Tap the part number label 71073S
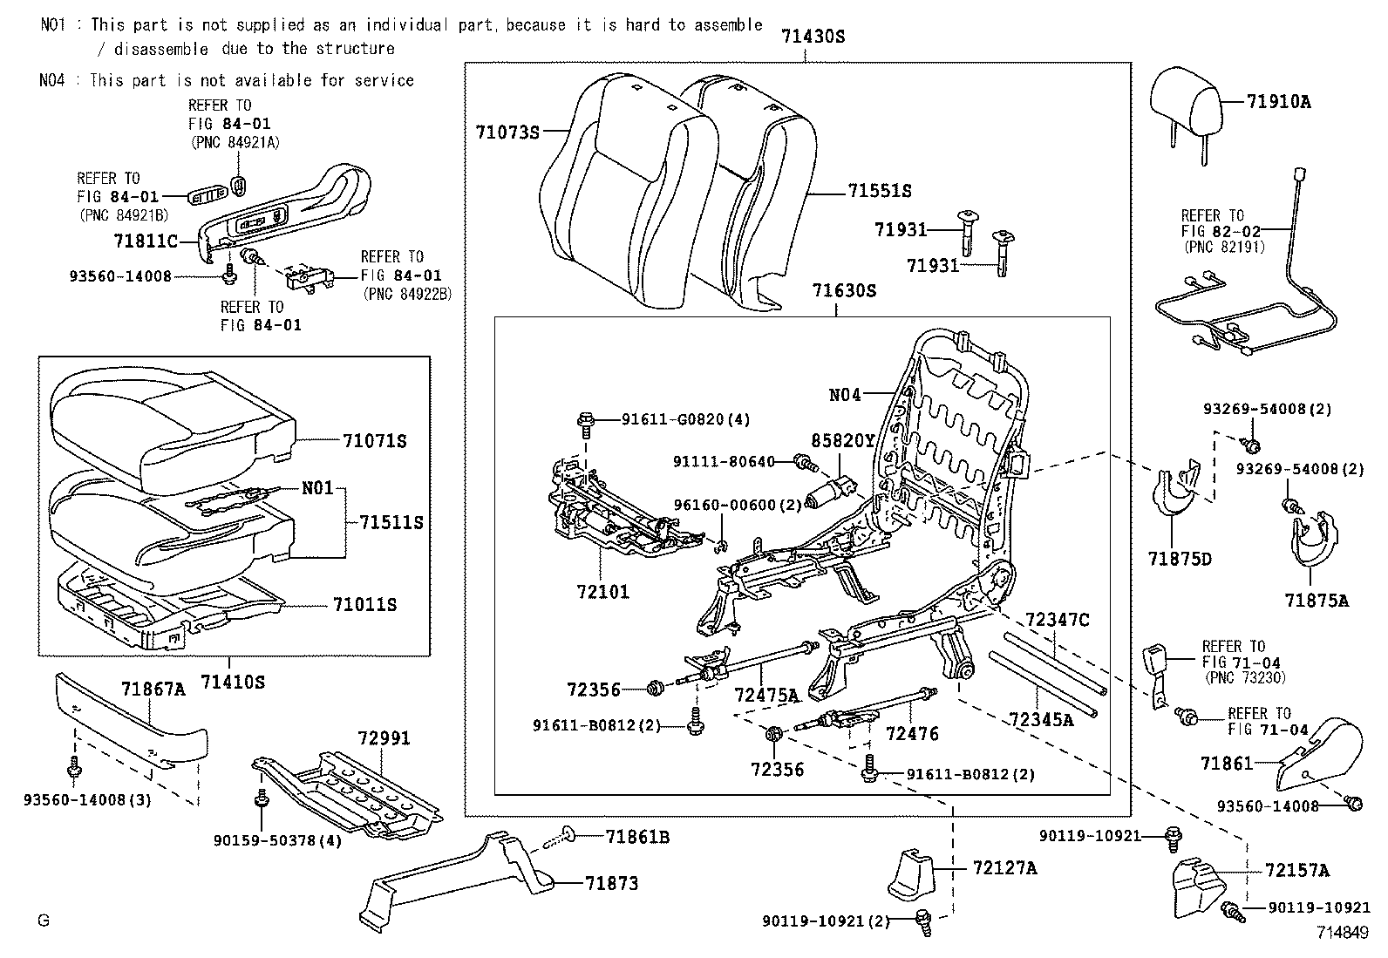pyautogui.click(x=507, y=132)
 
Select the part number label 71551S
pyautogui.click(x=879, y=191)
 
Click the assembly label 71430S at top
pyautogui.click(x=813, y=37)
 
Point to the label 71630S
pyautogui.click(x=843, y=290)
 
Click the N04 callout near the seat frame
pyautogui.click(x=844, y=395)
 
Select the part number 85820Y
pyautogui.click(x=845, y=441)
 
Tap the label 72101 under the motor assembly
pyautogui.click(x=602, y=592)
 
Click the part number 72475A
pyautogui.click(x=766, y=695)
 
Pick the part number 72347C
pyautogui.click(x=1057, y=620)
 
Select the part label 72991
pyautogui.click(x=383, y=738)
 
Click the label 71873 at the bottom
pyautogui.click(x=611, y=884)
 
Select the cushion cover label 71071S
pyautogui.click(x=374, y=441)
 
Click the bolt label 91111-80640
pyautogui.click(x=724, y=461)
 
